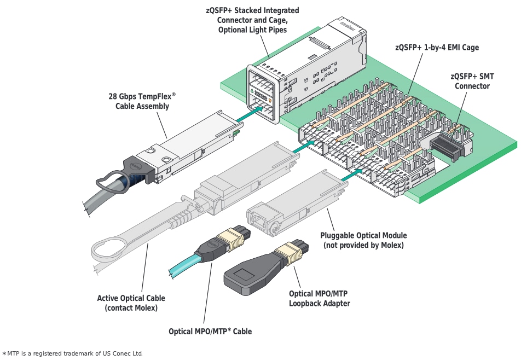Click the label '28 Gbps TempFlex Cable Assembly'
[142, 101]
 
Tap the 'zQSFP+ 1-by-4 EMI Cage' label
[436, 48]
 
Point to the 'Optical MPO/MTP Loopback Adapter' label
[319, 299]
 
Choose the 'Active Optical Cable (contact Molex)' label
[131, 303]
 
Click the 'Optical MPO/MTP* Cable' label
[210, 331]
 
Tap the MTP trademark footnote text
[74, 353]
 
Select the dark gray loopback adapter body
[246, 273]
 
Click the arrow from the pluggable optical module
[350, 175]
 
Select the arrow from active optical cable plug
[304, 145]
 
